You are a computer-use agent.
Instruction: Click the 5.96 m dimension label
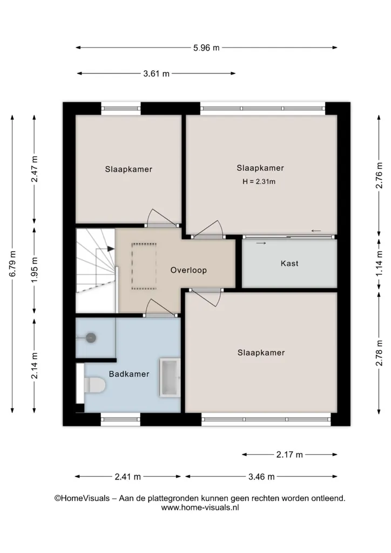point(206,48)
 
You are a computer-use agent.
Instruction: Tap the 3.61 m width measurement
point(156,73)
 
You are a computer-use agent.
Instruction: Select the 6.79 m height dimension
point(13,264)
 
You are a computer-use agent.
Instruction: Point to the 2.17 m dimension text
point(289,455)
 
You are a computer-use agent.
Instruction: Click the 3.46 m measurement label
point(261,477)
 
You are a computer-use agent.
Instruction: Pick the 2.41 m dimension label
point(127,477)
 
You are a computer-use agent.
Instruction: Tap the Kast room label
point(289,264)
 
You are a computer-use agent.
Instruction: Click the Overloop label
point(188,271)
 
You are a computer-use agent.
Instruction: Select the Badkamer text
point(129,374)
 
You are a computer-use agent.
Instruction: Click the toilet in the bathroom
point(95,385)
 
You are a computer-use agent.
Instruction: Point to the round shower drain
point(91,338)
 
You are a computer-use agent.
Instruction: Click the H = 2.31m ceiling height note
point(259,182)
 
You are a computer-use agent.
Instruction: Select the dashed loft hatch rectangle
point(144,267)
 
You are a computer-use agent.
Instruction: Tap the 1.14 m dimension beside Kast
point(379,264)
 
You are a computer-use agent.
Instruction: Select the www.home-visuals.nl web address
point(200,508)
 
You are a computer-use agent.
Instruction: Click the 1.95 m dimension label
point(35,270)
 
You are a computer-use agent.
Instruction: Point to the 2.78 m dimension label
point(379,353)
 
